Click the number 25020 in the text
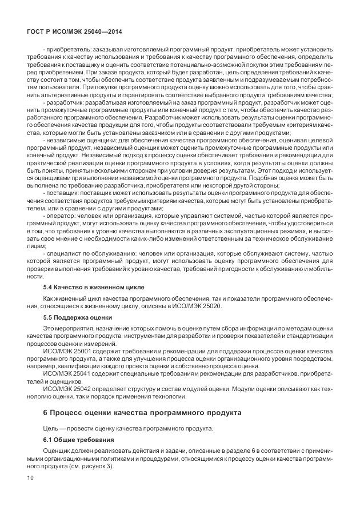pyautogui.click(x=209, y=306)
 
